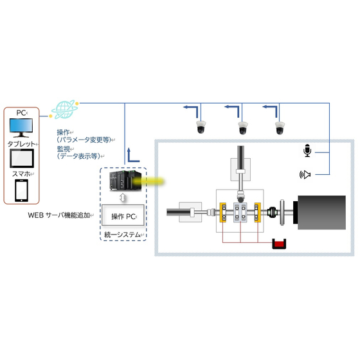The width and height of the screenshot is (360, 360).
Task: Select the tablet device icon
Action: [x=26, y=157]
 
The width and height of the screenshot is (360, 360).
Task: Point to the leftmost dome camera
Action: [x=201, y=127]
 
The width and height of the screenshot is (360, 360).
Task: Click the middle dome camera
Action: [x=242, y=127]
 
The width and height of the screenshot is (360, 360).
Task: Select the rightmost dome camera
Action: [x=280, y=127]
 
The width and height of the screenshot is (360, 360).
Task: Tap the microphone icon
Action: [x=307, y=151]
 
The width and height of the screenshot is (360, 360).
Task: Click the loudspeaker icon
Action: [x=306, y=174]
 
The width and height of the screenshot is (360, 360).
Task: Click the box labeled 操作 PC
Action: [x=123, y=215]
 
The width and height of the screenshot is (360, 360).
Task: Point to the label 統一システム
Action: [x=123, y=236]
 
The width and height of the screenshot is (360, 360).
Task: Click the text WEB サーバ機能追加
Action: [x=59, y=215]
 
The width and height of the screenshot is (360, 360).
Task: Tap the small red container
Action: [x=279, y=244]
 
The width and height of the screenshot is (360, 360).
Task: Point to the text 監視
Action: [x=65, y=148]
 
